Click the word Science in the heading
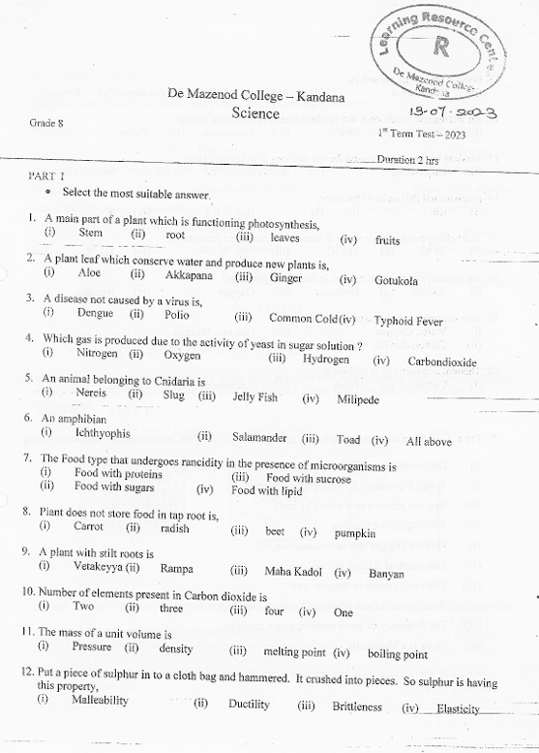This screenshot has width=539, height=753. (x=255, y=113)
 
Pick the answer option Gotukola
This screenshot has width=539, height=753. (x=396, y=280)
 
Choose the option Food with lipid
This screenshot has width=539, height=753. (x=266, y=489)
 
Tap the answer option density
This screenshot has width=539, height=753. (x=175, y=648)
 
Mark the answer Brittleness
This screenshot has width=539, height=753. (x=357, y=706)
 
